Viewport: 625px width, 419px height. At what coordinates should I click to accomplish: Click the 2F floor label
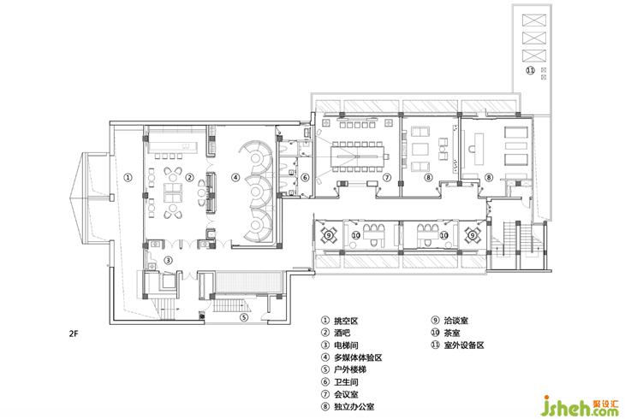tap(73, 333)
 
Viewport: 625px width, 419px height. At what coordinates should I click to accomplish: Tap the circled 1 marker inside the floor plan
tap(128, 177)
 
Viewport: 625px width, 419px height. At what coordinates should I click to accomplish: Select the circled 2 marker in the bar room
tap(190, 177)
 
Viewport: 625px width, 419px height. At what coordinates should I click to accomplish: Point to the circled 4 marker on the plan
tap(236, 177)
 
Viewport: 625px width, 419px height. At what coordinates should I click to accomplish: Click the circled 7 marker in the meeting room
tap(387, 177)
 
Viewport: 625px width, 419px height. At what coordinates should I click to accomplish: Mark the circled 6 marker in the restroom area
tap(305, 177)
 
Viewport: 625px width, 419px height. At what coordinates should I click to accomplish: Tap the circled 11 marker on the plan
tap(530, 70)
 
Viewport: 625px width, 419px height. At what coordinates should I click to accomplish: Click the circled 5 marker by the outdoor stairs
tap(244, 317)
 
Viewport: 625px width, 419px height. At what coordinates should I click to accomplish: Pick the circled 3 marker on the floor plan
tap(169, 260)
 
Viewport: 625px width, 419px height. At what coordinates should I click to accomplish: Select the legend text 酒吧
tap(342, 333)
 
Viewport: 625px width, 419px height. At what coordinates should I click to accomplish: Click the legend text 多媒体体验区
tap(358, 357)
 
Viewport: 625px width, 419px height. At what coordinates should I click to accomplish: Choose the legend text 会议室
tap(346, 394)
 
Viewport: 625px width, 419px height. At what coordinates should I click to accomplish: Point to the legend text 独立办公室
tap(354, 407)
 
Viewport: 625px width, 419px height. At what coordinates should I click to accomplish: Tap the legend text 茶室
tap(452, 333)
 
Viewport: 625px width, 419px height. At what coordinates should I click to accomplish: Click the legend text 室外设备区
tap(464, 345)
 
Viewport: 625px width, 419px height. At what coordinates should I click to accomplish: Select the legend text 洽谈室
tap(456, 321)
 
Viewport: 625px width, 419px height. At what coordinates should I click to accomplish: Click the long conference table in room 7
tap(358, 156)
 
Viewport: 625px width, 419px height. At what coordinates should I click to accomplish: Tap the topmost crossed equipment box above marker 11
tap(533, 20)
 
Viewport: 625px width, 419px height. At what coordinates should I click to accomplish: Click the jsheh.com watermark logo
tap(581, 406)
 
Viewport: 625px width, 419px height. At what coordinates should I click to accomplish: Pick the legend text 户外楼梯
tap(350, 369)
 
